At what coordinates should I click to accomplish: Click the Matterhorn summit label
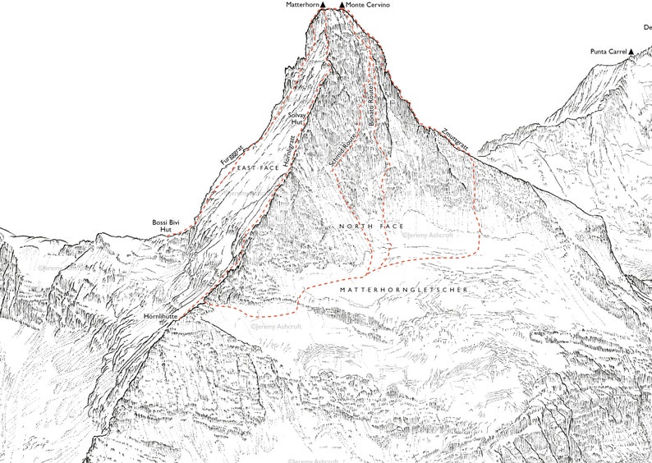tap(301, 5)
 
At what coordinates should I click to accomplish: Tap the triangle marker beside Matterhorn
tap(324, 5)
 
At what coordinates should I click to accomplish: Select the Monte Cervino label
tap(368, 5)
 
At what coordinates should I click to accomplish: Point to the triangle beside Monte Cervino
tap(342, 5)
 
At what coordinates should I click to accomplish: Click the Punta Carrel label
tap(608, 53)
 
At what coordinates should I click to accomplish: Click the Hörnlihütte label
tap(159, 316)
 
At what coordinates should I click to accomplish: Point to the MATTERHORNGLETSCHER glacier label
tap(402, 291)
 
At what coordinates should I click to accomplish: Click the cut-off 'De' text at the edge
tap(647, 27)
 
